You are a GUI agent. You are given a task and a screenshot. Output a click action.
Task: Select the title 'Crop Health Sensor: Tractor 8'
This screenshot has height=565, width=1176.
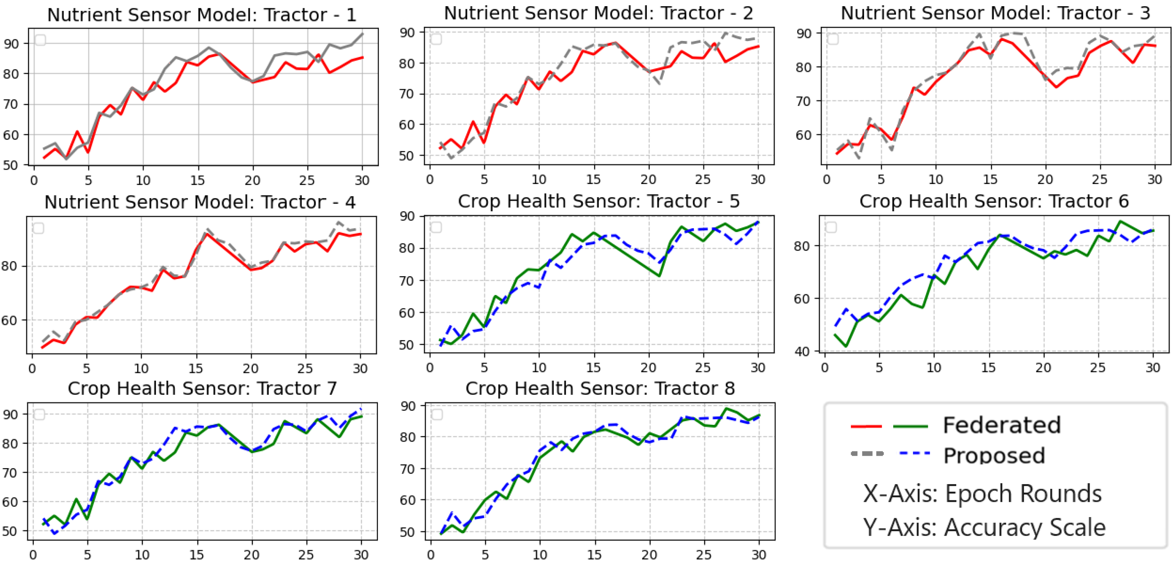click(x=600, y=388)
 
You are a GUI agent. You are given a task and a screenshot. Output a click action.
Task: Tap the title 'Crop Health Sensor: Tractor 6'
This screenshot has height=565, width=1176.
click(x=994, y=201)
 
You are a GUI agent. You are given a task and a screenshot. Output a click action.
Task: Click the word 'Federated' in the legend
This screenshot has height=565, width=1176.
click(x=1002, y=425)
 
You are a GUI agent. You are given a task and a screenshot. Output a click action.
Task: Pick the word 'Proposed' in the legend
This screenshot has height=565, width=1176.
click(x=994, y=455)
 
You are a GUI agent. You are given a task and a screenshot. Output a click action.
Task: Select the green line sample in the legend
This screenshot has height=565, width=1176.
click(x=910, y=426)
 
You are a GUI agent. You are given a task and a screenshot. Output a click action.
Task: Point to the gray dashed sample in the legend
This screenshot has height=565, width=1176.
click(x=867, y=454)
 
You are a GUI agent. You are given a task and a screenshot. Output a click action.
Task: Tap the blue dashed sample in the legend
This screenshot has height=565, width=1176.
click(x=914, y=453)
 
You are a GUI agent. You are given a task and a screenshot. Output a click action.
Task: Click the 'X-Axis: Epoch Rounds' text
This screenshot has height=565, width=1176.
click(x=982, y=494)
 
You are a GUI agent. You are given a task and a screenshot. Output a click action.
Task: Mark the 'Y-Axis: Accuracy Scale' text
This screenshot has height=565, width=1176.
click(x=984, y=528)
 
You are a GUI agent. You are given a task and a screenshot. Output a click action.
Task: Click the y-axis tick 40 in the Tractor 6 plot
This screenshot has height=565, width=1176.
click(x=802, y=351)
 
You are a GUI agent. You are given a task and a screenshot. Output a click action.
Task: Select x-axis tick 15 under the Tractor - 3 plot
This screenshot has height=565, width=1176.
click(x=990, y=180)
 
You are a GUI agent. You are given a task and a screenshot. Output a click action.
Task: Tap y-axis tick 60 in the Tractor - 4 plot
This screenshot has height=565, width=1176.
click(x=9, y=320)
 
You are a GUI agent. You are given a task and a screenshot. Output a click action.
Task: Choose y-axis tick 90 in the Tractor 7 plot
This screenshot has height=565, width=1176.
click(x=10, y=414)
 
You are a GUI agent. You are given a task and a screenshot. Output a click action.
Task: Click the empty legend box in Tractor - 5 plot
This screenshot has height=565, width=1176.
click(x=436, y=227)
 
